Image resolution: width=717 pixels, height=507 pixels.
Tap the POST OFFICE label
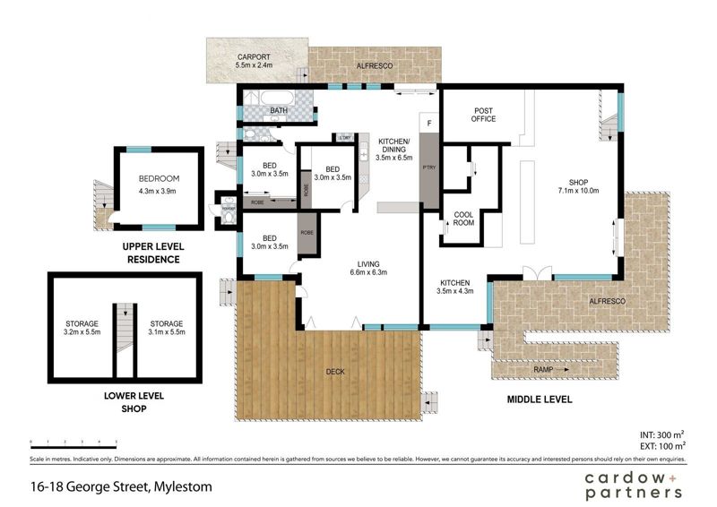pyautogui.click(x=485, y=116)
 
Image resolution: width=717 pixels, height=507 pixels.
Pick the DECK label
pyautogui.click(x=335, y=371)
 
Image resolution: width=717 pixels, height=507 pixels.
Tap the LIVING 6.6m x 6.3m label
pyautogui.click(x=368, y=268)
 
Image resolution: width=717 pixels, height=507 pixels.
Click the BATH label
pyautogui.click(x=279, y=111)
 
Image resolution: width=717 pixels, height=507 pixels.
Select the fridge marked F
pyautogui.click(x=429, y=123)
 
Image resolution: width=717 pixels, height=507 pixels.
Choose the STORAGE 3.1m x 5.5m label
pyautogui.click(x=166, y=328)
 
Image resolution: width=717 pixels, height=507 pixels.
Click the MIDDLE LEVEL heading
pyautogui.click(x=540, y=399)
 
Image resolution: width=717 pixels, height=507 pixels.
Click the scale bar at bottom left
pyautogui.click(x=73, y=443)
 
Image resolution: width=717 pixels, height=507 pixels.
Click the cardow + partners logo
pyautogui.click(x=633, y=486)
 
